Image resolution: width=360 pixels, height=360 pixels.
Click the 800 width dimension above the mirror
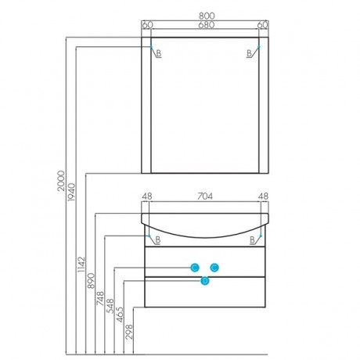[x=207, y=16]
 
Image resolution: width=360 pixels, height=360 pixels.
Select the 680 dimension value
[x=207, y=25]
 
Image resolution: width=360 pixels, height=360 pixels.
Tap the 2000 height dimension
[x=61, y=181]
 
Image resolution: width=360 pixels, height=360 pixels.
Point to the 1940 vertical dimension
[x=71, y=192]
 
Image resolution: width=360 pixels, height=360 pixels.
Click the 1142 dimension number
[x=81, y=265]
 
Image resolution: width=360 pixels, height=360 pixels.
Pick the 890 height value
[x=91, y=281]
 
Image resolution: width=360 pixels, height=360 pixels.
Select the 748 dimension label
[x=100, y=298]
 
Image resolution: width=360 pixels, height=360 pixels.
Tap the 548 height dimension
[x=110, y=306]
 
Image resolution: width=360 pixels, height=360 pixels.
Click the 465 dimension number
[x=120, y=315]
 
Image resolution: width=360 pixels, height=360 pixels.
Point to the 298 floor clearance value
[x=129, y=331]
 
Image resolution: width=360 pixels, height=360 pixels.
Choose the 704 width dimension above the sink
[x=205, y=196]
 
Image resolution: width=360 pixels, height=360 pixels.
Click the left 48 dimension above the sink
[x=147, y=196]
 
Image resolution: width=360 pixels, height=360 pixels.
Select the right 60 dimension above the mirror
[x=263, y=25]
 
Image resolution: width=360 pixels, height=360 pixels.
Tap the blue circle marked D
[x=205, y=281]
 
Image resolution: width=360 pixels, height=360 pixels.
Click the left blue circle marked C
[x=195, y=268]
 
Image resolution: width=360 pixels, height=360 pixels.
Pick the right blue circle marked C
[x=214, y=268]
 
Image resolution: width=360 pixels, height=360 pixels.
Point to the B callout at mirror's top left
[x=159, y=53]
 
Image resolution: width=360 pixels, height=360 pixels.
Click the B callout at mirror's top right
[x=250, y=53]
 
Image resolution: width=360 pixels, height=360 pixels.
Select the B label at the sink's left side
[x=158, y=239]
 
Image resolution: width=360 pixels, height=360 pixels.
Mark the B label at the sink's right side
[x=252, y=239]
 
